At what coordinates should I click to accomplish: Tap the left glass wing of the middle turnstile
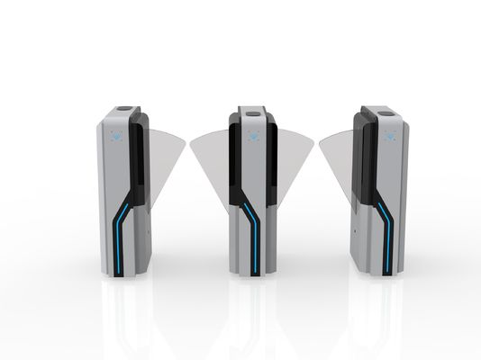click(x=210, y=153)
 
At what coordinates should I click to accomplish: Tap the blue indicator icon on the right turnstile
click(x=390, y=137)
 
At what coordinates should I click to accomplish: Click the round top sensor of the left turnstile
click(x=124, y=112)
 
